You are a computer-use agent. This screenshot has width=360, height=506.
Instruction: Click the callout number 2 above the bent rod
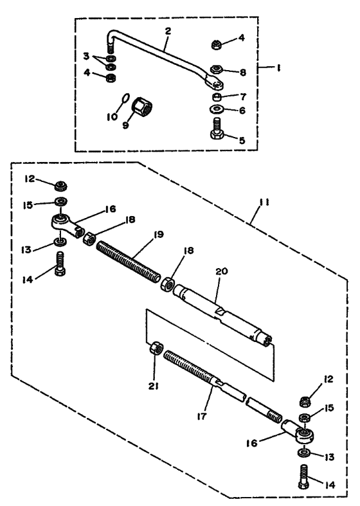[168, 32]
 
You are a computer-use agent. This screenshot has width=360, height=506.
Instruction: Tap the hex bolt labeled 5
[217, 129]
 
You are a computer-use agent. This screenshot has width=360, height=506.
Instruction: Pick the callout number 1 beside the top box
[278, 68]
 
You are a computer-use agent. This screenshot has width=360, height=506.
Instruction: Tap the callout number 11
[264, 203]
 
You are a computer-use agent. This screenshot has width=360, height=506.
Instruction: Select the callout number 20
[222, 271]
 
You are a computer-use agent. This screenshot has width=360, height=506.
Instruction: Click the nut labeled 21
[156, 348]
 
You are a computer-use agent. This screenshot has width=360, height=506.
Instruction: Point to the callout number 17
[201, 417]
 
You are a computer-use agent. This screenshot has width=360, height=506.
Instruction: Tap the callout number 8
[242, 72]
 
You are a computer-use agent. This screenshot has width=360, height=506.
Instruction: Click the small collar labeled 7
[217, 96]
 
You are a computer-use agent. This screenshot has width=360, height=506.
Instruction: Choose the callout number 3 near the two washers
[85, 56]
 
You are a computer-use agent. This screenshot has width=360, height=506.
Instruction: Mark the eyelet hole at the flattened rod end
[218, 84]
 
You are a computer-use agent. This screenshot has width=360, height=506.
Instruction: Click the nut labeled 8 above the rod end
[216, 69]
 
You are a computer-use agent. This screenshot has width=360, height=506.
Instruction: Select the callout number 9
[125, 125]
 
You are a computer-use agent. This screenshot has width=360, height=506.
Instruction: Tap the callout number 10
[113, 116]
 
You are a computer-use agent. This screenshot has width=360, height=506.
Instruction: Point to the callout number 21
[153, 386]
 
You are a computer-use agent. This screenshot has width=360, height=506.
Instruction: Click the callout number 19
[158, 234]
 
